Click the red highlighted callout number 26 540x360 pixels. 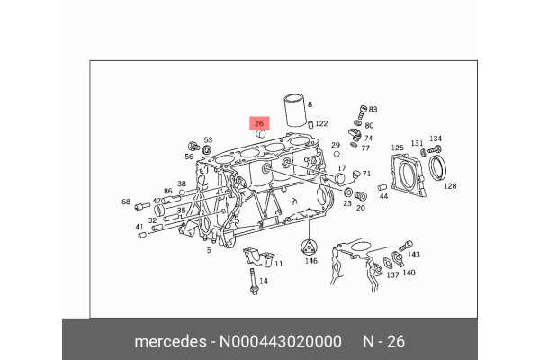tap(259, 123)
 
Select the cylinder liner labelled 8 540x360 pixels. tap(295, 110)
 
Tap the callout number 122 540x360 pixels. tap(321, 123)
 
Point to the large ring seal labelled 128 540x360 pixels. tap(437, 167)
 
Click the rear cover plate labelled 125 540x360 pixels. tap(408, 175)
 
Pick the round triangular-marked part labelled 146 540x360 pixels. tap(310, 247)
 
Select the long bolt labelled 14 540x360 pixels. tap(254, 282)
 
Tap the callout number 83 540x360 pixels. tap(373, 109)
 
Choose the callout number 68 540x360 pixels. tap(126, 202)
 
